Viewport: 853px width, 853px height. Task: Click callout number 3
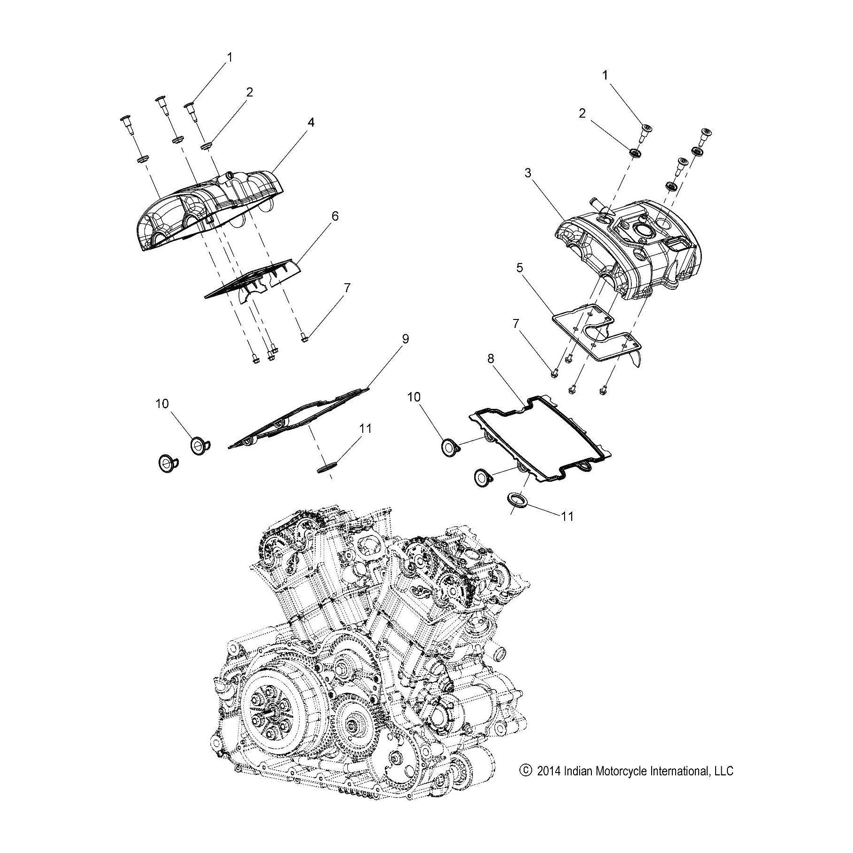pyautogui.click(x=528, y=173)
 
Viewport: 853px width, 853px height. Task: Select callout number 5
pyautogui.click(x=519, y=268)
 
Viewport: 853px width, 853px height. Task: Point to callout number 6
pyautogui.click(x=335, y=216)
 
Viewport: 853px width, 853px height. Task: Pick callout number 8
pyautogui.click(x=491, y=359)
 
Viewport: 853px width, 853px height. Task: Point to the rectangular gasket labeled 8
pyautogui.click(x=541, y=438)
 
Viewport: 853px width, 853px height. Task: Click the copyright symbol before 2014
pyautogui.click(x=524, y=784)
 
